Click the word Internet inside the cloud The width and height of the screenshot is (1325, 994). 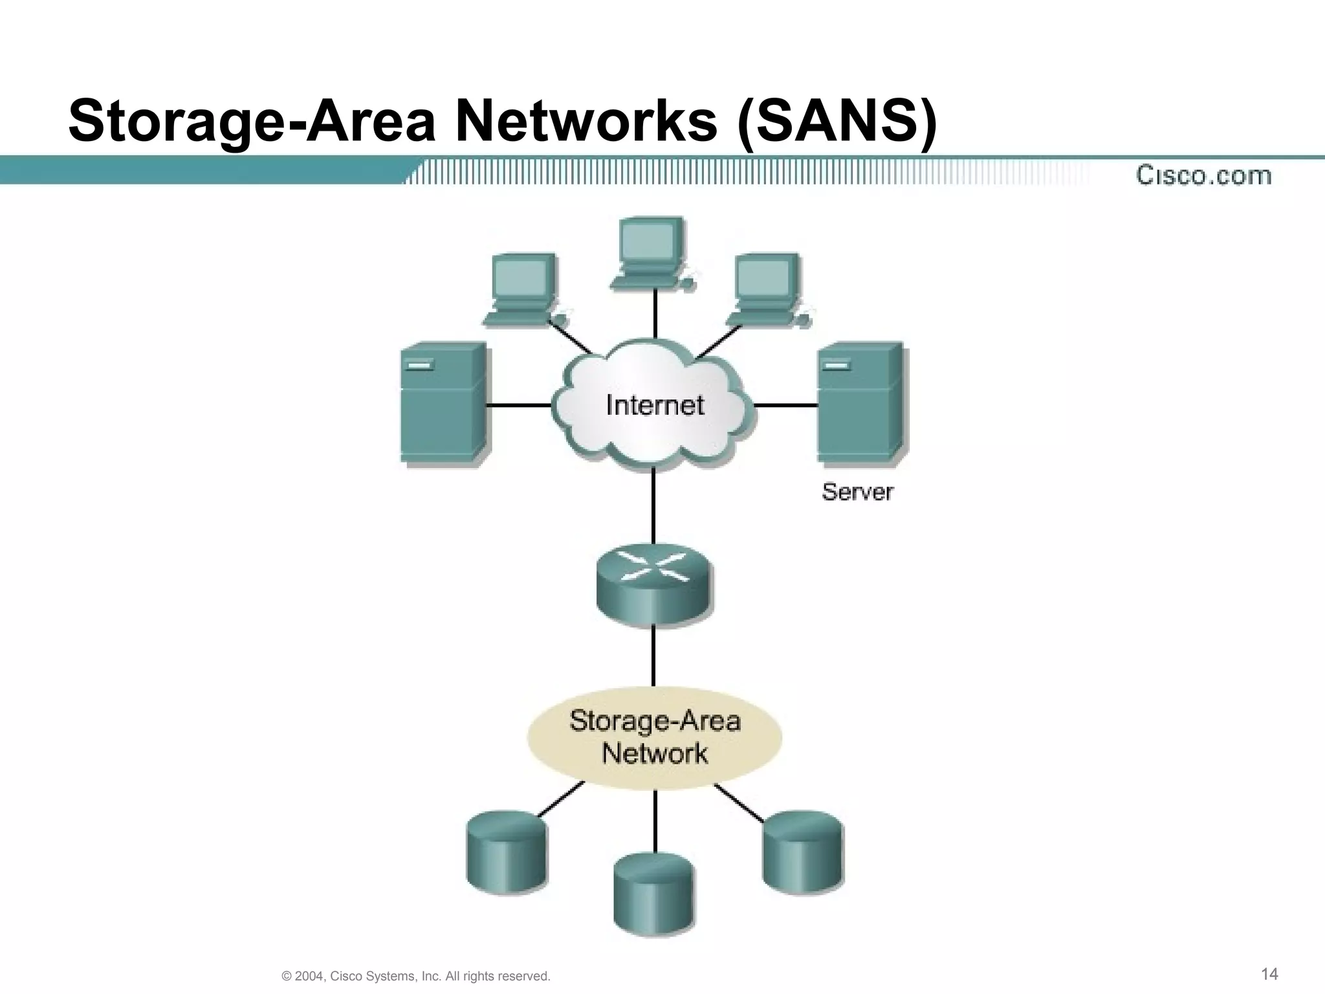[x=655, y=406]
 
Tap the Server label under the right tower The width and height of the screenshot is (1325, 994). [x=857, y=492]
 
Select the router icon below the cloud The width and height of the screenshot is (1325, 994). [x=653, y=584]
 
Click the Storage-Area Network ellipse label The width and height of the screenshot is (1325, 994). [x=655, y=738]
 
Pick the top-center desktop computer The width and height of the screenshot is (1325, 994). [x=652, y=252]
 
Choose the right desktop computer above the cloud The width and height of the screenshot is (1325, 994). [x=767, y=289]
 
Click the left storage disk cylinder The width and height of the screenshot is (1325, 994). [x=507, y=852]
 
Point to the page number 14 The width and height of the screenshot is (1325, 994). [x=1270, y=974]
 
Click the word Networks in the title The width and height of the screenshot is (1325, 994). [x=586, y=121]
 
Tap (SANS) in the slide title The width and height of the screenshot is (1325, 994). [x=838, y=121]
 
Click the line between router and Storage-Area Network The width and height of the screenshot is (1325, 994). [x=653, y=655]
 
